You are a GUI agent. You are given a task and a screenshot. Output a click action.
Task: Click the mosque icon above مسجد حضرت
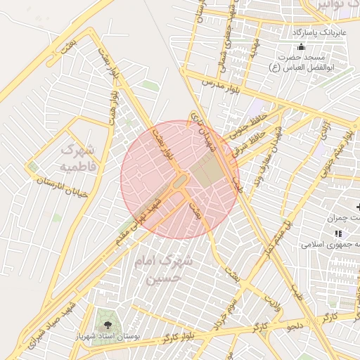(x=301, y=46)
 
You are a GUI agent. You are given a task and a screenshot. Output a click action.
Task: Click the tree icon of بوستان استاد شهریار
(x=108, y=325)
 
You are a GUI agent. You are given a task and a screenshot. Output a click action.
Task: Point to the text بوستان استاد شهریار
(x=108, y=337)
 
